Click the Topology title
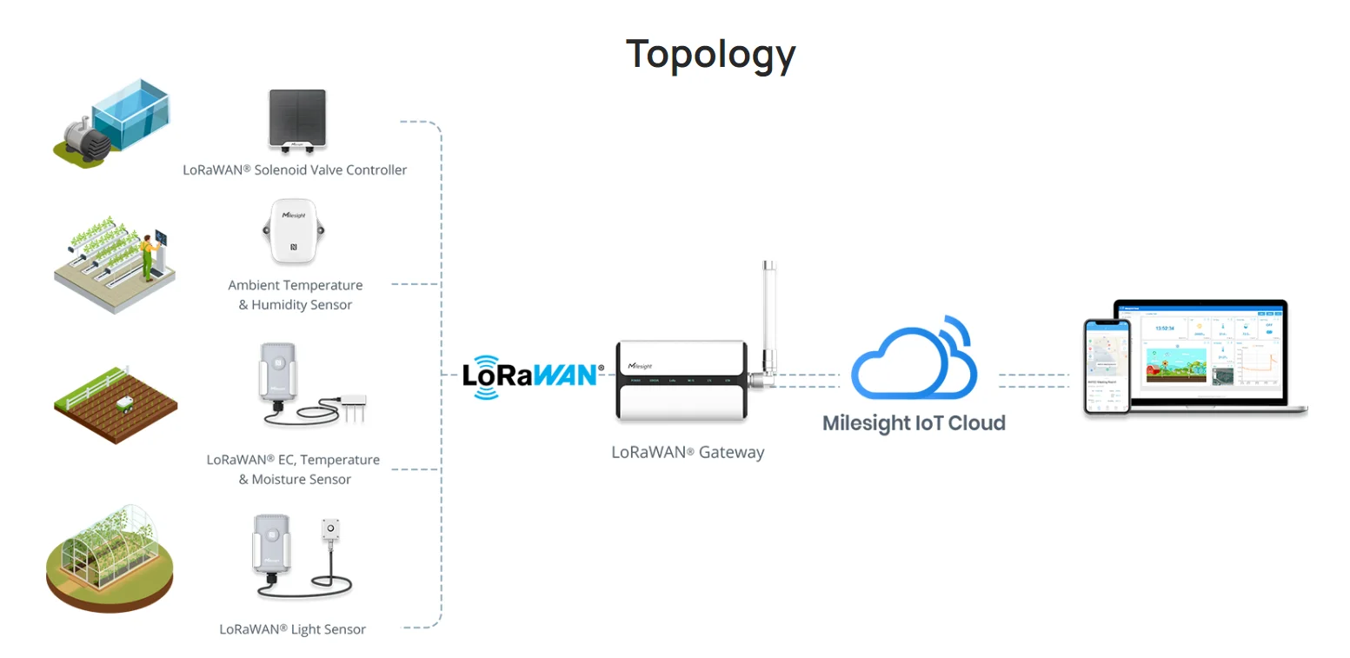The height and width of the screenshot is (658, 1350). [x=710, y=55]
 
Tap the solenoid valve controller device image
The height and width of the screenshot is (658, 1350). [x=297, y=119]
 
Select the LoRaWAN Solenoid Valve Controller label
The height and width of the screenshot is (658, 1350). [x=295, y=170]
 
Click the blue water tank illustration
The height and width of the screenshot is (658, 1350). [x=130, y=111]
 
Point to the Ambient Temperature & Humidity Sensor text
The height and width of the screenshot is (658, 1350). [x=296, y=295]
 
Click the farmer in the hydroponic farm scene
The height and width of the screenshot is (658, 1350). [x=150, y=256]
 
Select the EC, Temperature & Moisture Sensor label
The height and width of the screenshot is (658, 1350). [x=294, y=469]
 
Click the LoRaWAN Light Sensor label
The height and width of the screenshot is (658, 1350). [x=293, y=629]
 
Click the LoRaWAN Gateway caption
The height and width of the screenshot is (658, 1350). [x=688, y=452]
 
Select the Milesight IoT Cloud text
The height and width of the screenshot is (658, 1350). [x=914, y=423]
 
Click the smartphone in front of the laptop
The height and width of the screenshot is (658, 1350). [x=1106, y=366]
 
